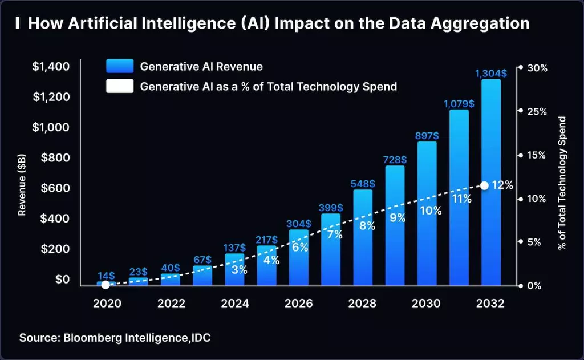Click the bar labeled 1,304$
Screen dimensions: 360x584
click(491, 183)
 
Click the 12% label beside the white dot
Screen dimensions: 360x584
click(502, 185)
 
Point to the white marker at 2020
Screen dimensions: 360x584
click(106, 284)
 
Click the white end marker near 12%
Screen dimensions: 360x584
click(484, 185)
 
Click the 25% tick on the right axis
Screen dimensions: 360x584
click(536, 111)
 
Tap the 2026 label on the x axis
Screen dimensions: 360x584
click(299, 304)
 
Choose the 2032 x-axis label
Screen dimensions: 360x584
click(490, 304)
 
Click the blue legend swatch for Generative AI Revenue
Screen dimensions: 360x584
click(120, 67)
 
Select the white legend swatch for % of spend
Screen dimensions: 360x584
click(120, 87)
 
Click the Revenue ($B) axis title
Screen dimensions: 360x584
click(22, 186)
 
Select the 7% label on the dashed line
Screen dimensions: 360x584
click(334, 234)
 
